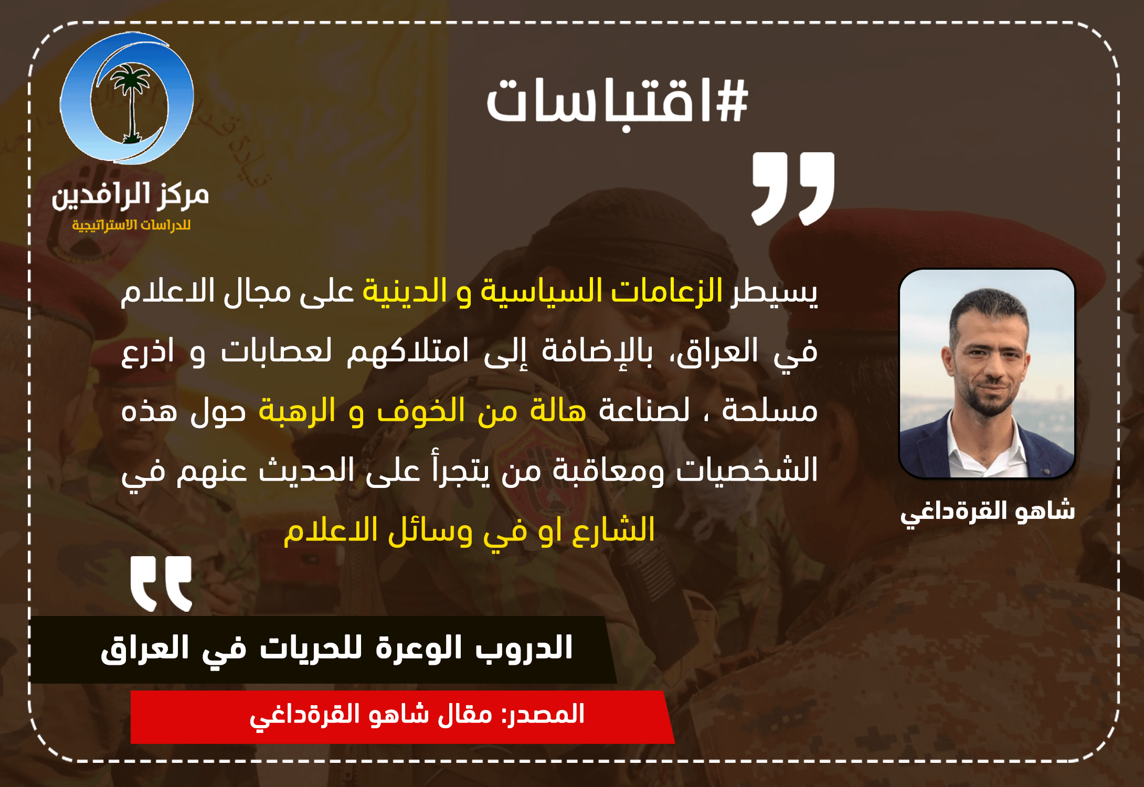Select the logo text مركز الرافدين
tap(130, 196)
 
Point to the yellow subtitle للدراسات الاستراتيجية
tap(131, 225)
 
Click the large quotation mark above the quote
tap(793, 189)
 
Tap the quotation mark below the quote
tap(161, 583)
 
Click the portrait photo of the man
tap(987, 374)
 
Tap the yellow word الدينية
tap(405, 291)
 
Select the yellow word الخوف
tap(421, 411)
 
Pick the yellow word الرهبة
tap(297, 411)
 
